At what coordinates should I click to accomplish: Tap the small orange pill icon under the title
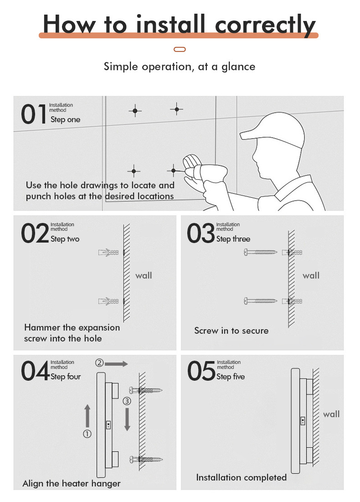coord(180,49)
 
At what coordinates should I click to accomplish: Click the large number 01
coord(34,114)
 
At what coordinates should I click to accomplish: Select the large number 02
coord(34,233)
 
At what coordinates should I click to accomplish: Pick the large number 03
coord(201,233)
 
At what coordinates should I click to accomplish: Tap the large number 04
coord(35,372)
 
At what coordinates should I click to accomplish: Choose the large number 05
coord(201,372)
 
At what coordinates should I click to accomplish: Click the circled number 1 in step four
coord(87,434)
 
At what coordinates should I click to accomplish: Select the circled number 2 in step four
coord(99,363)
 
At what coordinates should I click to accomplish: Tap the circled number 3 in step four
coord(127,401)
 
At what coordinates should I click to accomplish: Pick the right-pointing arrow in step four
coord(118,363)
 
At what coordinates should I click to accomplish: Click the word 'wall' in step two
coord(144,275)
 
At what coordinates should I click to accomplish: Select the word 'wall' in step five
coord(331,414)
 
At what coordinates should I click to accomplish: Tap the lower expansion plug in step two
coord(109,301)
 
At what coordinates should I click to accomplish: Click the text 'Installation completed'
coord(241,477)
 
